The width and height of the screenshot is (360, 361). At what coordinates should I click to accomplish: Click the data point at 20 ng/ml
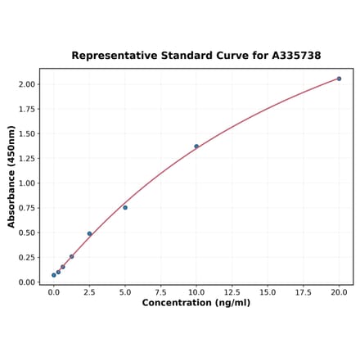339,79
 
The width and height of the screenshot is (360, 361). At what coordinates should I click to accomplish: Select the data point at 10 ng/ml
196,147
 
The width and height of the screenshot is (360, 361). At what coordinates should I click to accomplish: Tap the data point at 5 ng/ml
125,207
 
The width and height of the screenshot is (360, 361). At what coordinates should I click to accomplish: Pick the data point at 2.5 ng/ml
89,234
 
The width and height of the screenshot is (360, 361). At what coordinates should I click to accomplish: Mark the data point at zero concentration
54,275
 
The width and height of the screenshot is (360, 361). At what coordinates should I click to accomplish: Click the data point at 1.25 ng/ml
71,256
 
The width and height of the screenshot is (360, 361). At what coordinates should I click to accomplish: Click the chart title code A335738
290,56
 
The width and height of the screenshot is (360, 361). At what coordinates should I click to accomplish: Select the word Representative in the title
113,56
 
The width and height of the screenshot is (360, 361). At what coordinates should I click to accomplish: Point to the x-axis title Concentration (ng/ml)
196,303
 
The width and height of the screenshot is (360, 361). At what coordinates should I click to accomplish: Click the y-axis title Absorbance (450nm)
11,176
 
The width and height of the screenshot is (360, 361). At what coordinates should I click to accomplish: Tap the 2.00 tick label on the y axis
26,84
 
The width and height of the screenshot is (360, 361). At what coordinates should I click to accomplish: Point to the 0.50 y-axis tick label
26,232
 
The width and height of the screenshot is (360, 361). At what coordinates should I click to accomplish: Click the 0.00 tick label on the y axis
26,282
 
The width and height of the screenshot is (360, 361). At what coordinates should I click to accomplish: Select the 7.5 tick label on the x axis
160,291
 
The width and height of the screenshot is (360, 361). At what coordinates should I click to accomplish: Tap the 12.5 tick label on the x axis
232,291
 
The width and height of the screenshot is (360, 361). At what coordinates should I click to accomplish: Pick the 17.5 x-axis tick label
303,291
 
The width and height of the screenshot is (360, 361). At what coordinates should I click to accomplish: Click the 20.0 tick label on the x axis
339,291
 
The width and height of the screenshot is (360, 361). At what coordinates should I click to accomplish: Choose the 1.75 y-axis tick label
26,109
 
